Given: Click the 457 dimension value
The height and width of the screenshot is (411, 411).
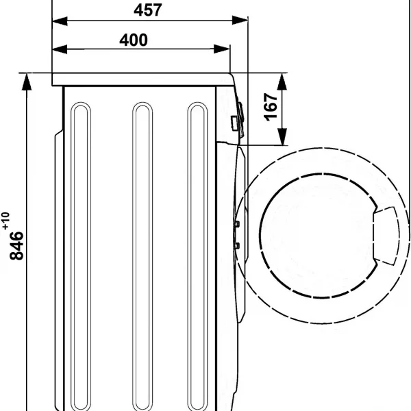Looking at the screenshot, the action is (x=148, y=10).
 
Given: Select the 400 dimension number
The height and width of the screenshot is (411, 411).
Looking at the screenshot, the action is (x=134, y=40).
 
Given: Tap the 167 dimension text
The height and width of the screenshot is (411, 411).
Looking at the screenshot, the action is (x=271, y=107).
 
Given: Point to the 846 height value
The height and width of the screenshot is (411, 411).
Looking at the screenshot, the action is (x=16, y=246).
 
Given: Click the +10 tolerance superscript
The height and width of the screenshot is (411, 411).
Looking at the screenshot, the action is (x=5, y=221).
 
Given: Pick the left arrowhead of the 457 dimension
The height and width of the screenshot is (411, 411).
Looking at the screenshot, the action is (x=60, y=21).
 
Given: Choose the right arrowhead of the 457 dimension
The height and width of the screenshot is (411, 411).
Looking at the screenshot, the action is (x=240, y=21).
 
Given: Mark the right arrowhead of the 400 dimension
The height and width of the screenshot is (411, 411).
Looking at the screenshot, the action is (x=222, y=49).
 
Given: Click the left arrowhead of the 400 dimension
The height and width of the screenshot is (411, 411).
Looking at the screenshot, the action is (x=60, y=49).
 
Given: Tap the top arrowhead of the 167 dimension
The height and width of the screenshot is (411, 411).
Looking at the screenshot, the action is (x=282, y=82).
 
